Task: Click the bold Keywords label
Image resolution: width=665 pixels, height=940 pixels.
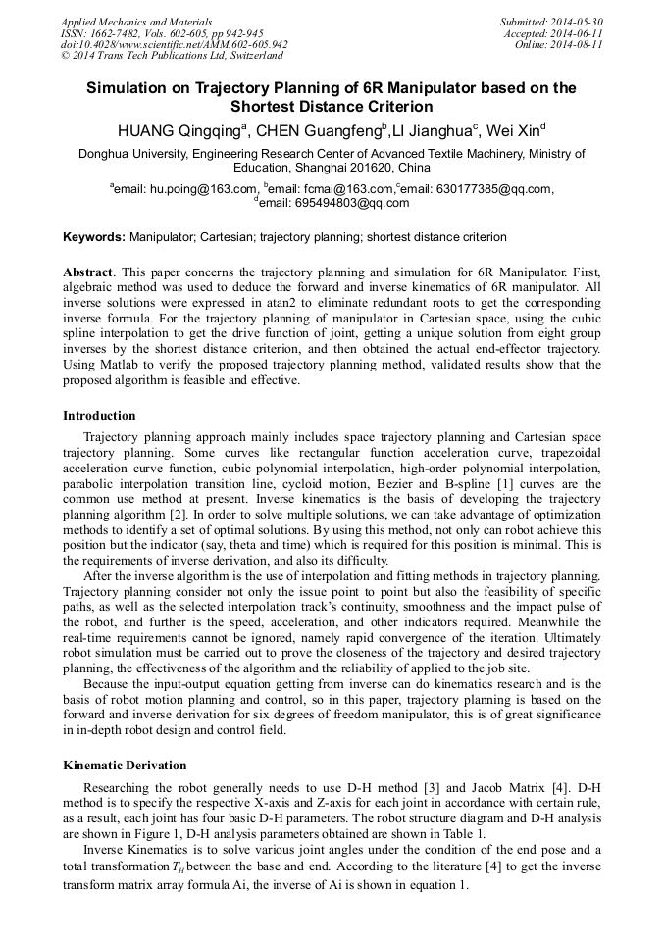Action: point(93,237)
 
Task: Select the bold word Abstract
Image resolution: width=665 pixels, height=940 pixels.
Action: point(87,271)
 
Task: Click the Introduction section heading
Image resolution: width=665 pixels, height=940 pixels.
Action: point(99,416)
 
